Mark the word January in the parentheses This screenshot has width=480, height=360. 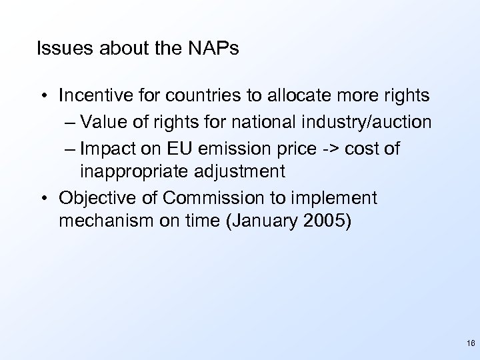[x=265, y=221]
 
